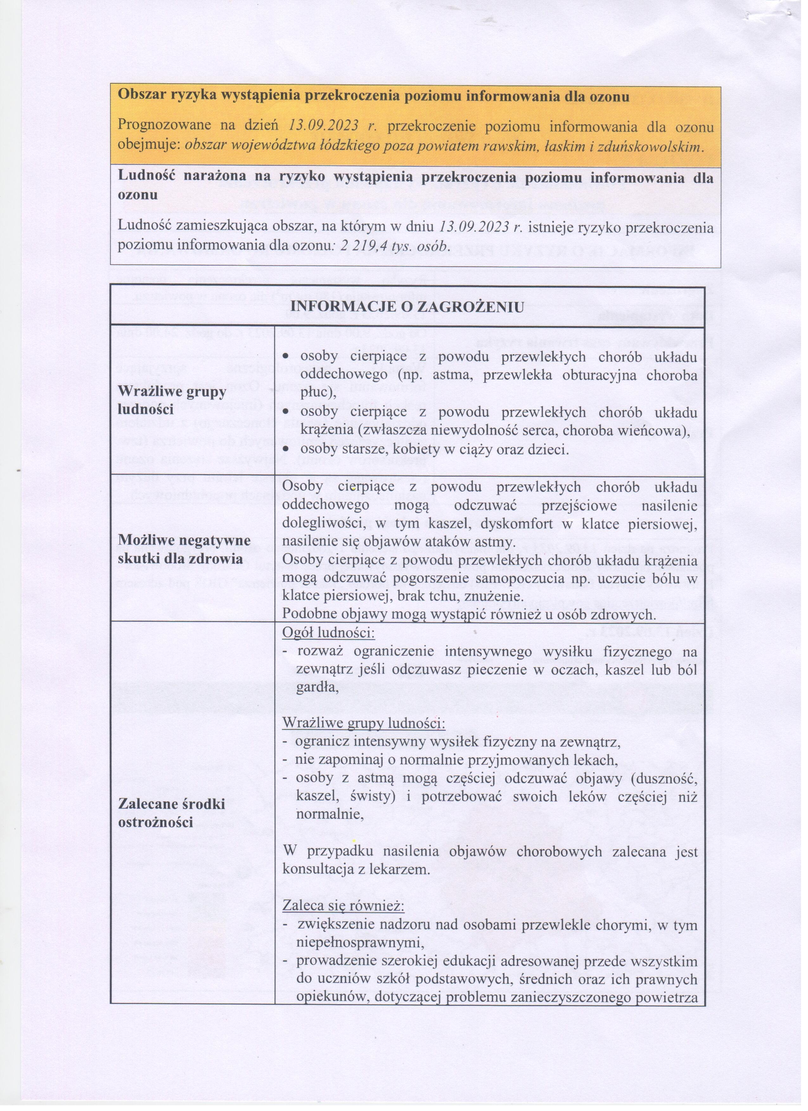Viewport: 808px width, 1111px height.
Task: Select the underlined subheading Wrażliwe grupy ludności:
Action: (364, 723)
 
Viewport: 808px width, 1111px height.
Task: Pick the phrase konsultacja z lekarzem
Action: (356, 870)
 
